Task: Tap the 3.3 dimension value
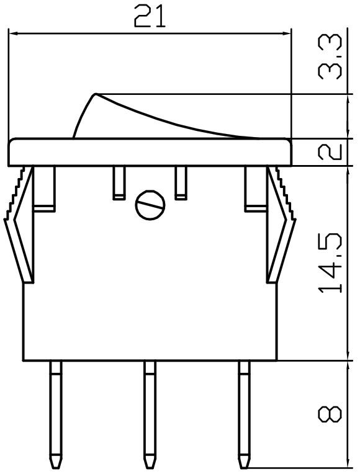point(330,57)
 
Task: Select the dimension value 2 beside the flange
point(330,152)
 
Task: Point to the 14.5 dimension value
point(330,263)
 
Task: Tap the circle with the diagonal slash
point(150,205)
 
